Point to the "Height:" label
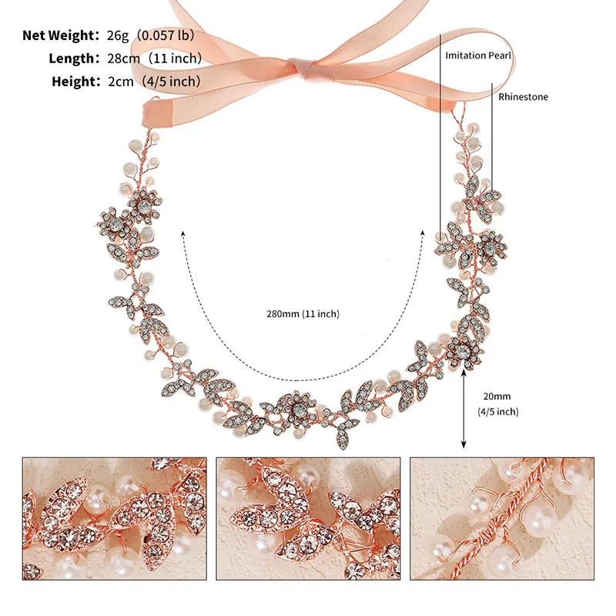(72, 81)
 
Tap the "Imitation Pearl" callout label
(478, 55)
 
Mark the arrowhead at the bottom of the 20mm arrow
(464, 444)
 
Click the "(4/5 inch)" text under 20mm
(498, 412)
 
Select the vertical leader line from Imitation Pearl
(441, 139)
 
